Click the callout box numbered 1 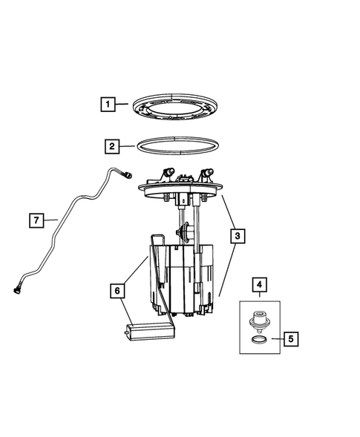108,105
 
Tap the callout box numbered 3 236,237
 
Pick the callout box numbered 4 259,284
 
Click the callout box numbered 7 34,220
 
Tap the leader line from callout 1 124,105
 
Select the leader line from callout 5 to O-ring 276,339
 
